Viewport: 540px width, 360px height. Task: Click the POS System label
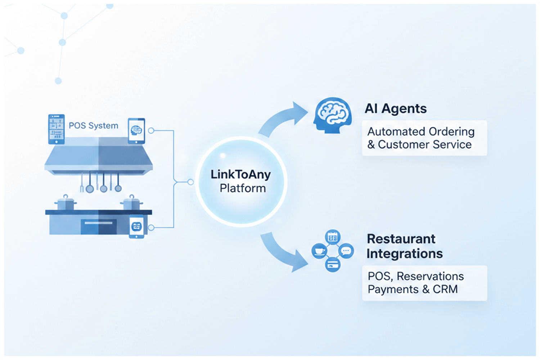pos(93,126)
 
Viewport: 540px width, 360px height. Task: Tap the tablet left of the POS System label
pos(57,129)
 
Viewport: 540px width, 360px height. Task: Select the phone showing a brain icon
pos(136,131)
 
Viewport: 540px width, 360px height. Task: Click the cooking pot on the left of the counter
pos(66,203)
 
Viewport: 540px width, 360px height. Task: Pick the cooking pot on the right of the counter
pos(131,203)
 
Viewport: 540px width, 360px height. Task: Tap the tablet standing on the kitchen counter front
pos(136,226)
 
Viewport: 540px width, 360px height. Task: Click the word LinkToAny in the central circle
pos(240,175)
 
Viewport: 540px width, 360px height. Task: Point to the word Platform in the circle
pos(243,188)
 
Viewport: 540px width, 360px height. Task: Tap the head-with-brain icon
pos(332,115)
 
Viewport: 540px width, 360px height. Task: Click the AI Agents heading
pos(396,109)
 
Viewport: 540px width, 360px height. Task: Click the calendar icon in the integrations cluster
pos(333,237)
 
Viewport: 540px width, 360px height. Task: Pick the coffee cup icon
pos(319,251)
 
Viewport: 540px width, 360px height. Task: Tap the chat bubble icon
pos(346,251)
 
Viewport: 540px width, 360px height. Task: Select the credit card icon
pos(333,265)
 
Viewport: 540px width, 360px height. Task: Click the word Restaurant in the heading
pos(401,239)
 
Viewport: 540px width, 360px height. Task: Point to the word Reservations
pos(430,276)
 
